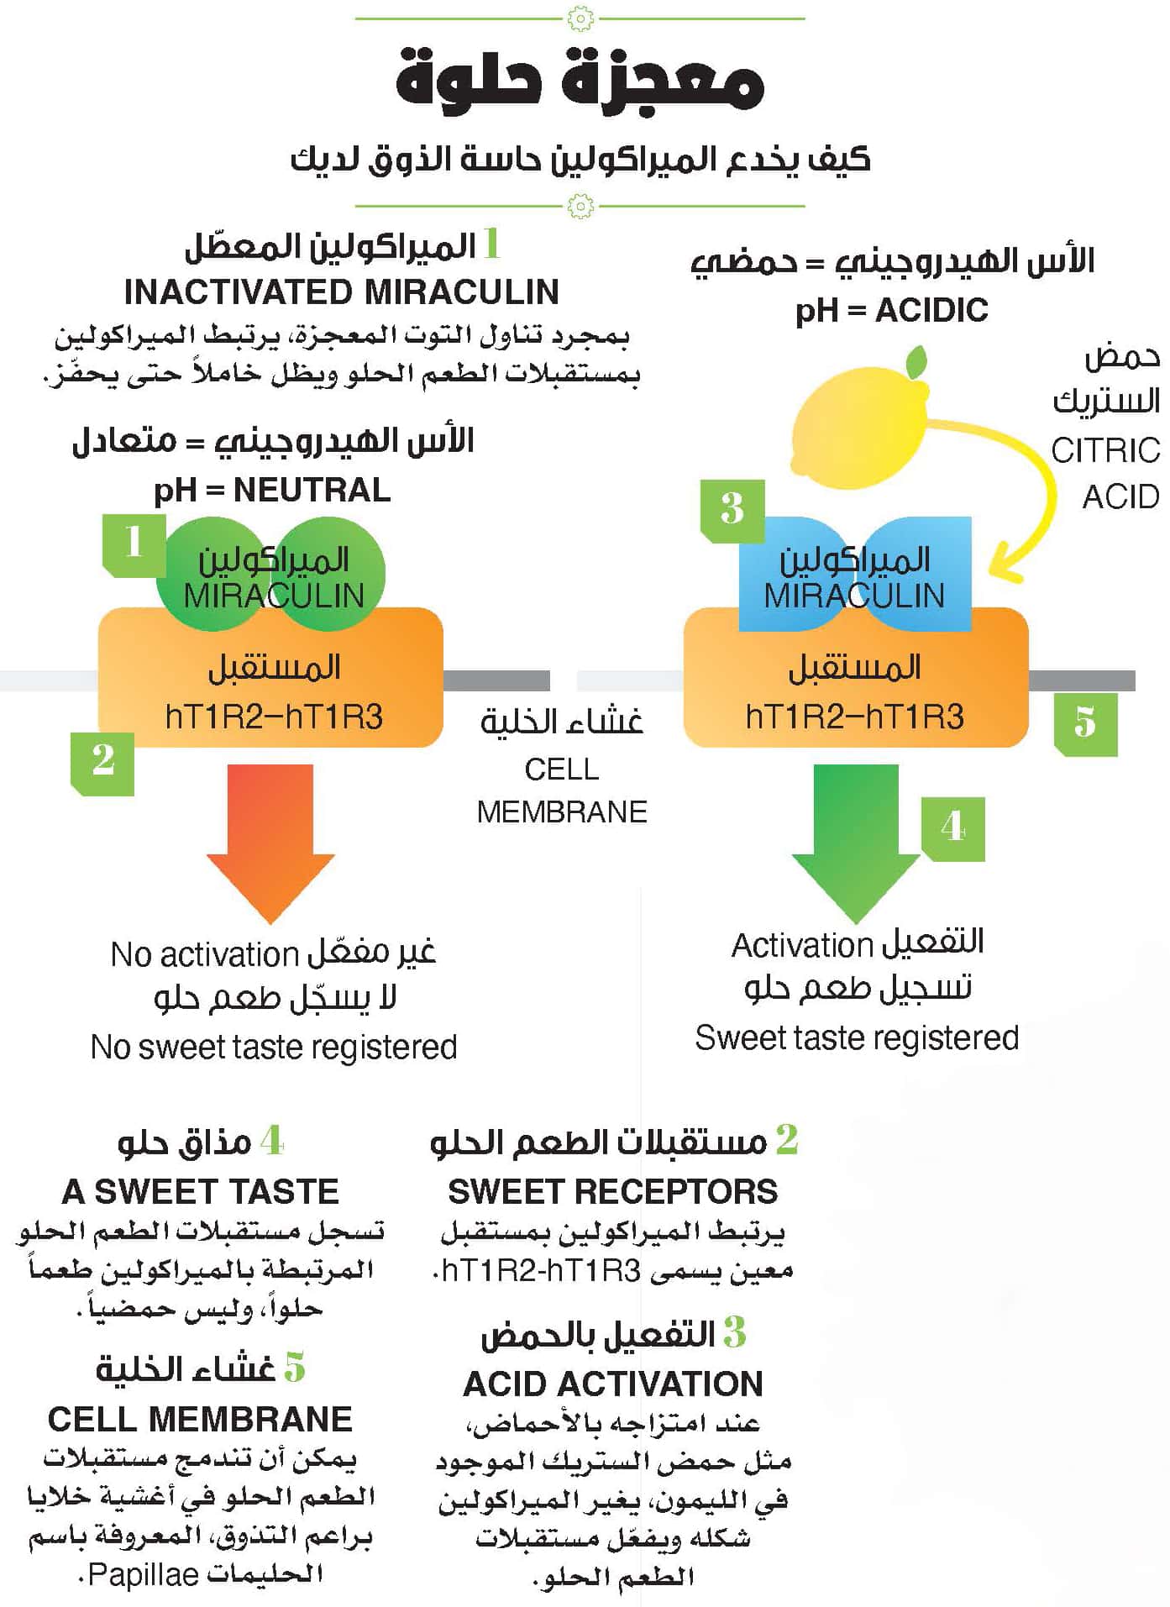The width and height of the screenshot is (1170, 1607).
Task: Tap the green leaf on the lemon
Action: pos(916,362)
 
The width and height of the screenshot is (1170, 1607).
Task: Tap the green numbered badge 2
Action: pos(102,762)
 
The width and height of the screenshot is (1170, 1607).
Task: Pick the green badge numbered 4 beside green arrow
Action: pos(953,828)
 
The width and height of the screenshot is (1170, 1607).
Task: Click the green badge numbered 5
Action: pos(1085,723)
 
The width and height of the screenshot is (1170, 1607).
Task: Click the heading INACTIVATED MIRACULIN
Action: pos(341,292)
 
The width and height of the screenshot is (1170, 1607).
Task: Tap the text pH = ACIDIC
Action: pos(891,311)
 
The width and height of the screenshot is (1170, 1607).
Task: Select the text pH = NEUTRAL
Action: pos(272,490)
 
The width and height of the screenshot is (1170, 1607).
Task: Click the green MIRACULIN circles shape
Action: pos(270,576)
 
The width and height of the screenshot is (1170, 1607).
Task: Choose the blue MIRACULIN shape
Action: pos(855,575)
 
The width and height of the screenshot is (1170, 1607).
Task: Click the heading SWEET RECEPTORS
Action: pos(613,1191)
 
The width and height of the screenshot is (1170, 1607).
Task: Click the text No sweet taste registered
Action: pos(274,1047)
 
